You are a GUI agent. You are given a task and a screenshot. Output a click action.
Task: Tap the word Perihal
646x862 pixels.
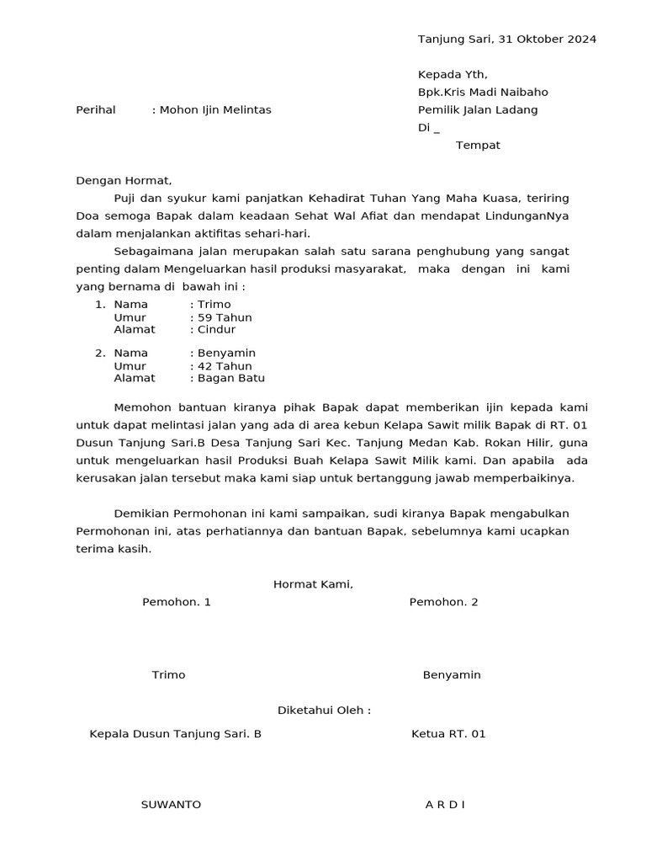(x=96, y=110)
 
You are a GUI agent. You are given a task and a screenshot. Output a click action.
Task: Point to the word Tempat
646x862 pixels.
(x=478, y=146)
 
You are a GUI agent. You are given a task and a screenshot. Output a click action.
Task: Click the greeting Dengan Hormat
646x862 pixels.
(x=124, y=181)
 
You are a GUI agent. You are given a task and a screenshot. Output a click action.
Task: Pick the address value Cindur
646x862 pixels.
(x=216, y=330)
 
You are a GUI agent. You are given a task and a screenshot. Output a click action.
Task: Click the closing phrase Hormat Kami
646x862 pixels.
(x=313, y=585)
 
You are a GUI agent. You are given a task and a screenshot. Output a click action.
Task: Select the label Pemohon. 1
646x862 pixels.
(x=177, y=603)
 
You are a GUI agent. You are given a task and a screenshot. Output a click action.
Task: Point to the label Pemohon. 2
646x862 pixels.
(x=443, y=603)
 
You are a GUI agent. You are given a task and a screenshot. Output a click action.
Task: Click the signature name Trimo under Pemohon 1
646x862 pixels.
(x=168, y=675)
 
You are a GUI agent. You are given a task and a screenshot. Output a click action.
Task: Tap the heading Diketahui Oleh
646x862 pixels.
(x=324, y=710)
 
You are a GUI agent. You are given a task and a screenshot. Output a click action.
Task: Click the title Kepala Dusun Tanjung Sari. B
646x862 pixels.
(x=175, y=734)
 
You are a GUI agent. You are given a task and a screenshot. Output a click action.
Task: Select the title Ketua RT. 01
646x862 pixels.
(x=448, y=734)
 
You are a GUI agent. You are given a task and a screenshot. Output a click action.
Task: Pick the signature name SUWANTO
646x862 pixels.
(x=171, y=805)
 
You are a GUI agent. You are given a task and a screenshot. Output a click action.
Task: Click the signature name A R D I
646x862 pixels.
(x=445, y=805)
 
